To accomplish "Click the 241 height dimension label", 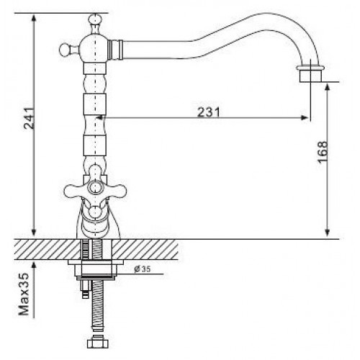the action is pyautogui.click(x=30, y=119).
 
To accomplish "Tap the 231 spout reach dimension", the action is pyautogui.click(x=209, y=112).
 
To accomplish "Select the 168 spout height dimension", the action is pyautogui.click(x=322, y=152).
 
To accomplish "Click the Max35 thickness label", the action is pyautogui.click(x=24, y=294).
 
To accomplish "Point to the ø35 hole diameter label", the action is pyautogui.click(x=143, y=269).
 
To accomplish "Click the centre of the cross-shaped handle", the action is pyautogui.click(x=95, y=188).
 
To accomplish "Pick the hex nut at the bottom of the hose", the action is pyautogui.click(x=97, y=341).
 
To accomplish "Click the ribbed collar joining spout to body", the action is pyautogui.click(x=115, y=50).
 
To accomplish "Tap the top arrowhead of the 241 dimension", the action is pyautogui.click(x=34, y=18).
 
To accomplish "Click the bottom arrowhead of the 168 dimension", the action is pyautogui.click(x=328, y=232).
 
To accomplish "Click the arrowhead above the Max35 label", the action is pyautogui.click(x=34, y=265).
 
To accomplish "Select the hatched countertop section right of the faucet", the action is pyautogui.click(x=145, y=250).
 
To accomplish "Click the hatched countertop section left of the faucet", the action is pyautogui.click(x=48, y=250).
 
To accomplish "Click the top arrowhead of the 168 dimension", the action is pyautogui.click(x=328, y=88).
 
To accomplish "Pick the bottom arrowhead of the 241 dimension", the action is pyautogui.click(x=34, y=232).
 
